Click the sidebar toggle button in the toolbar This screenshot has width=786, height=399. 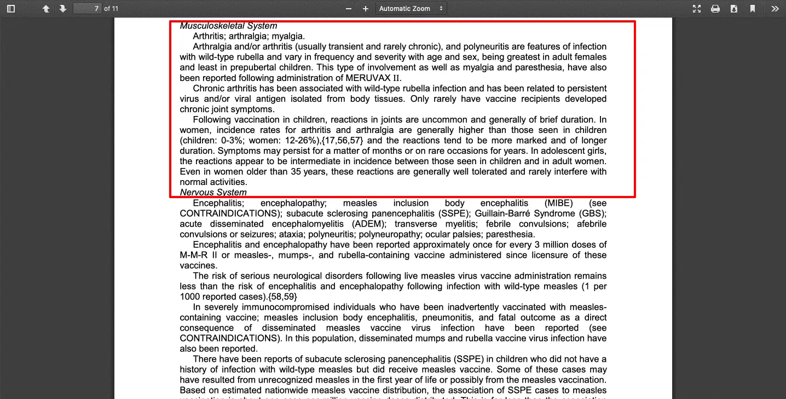pos(11,9)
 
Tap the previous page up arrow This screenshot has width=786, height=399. pos(46,9)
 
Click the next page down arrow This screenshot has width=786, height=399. pos(63,9)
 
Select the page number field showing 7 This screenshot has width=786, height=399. pos(88,9)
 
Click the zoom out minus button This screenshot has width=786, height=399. pos(349,9)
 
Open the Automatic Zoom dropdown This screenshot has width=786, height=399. pos(411,9)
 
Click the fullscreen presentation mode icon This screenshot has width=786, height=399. pos(697,9)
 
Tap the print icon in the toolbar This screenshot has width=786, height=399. pos(715,9)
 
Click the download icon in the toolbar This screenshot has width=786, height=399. pos(734,9)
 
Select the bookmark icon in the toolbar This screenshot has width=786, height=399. pos(753,9)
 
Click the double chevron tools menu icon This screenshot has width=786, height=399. pos(775,9)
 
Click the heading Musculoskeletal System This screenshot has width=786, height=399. pos(228,26)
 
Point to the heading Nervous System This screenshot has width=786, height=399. pos(213,192)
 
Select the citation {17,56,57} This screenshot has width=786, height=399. pos(343,140)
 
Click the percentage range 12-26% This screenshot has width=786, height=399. pos(297,140)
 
